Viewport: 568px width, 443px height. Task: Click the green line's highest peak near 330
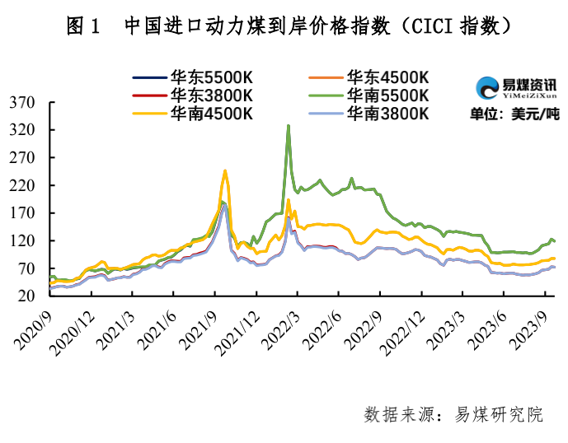[288, 126]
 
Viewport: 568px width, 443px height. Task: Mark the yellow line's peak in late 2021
[225, 170]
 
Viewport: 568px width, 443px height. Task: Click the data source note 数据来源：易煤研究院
[453, 414]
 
